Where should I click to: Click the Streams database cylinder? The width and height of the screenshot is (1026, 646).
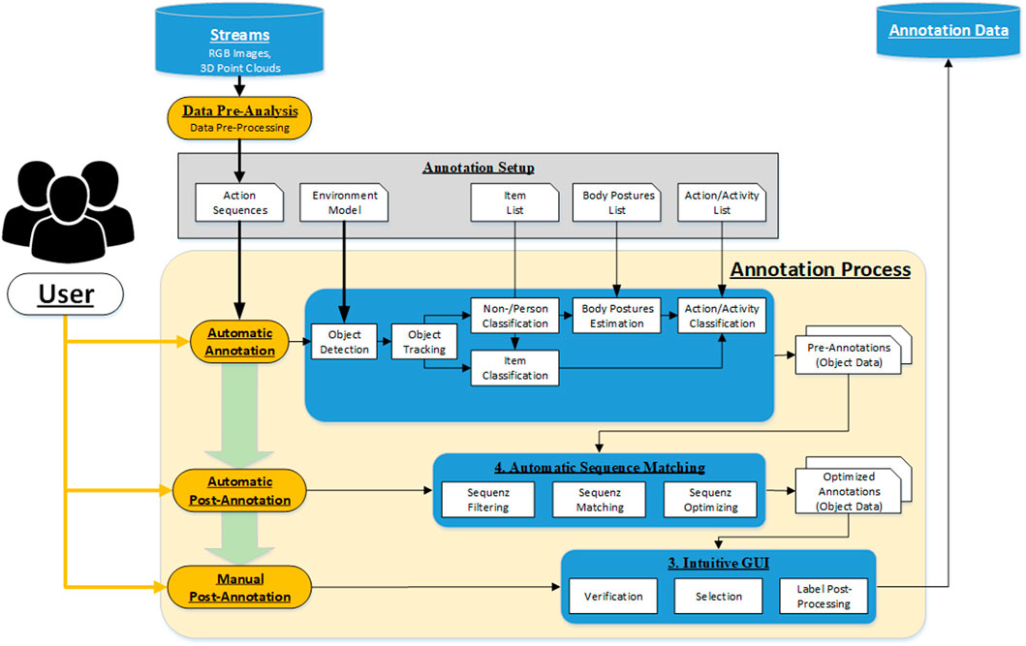[239, 41]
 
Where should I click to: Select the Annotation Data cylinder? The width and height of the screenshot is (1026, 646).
[948, 31]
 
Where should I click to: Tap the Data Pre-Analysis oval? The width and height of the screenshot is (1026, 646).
[239, 118]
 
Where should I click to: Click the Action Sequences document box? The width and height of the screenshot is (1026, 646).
[239, 202]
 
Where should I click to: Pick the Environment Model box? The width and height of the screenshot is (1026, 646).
[344, 202]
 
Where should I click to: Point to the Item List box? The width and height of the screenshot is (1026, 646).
[515, 202]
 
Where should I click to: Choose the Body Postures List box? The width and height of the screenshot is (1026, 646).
[617, 202]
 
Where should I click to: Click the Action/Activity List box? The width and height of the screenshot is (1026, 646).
[722, 202]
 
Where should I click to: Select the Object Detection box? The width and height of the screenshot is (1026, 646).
[344, 342]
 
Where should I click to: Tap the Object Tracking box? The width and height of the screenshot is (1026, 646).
[424, 342]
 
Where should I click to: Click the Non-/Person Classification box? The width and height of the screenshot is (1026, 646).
[515, 316]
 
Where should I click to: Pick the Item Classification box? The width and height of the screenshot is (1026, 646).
[515, 368]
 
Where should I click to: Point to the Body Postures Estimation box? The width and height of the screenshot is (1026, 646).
[617, 316]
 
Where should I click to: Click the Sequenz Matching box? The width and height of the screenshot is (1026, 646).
[600, 500]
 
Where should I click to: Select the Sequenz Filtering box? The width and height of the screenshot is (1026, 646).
[488, 500]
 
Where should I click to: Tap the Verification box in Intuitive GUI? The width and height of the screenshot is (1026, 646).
[613, 597]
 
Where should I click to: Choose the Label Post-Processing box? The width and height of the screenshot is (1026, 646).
[824, 597]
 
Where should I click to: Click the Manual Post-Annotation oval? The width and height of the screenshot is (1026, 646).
[239, 587]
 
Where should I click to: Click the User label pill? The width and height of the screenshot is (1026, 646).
[66, 294]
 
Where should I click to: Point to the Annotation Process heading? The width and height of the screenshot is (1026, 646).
[821, 269]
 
